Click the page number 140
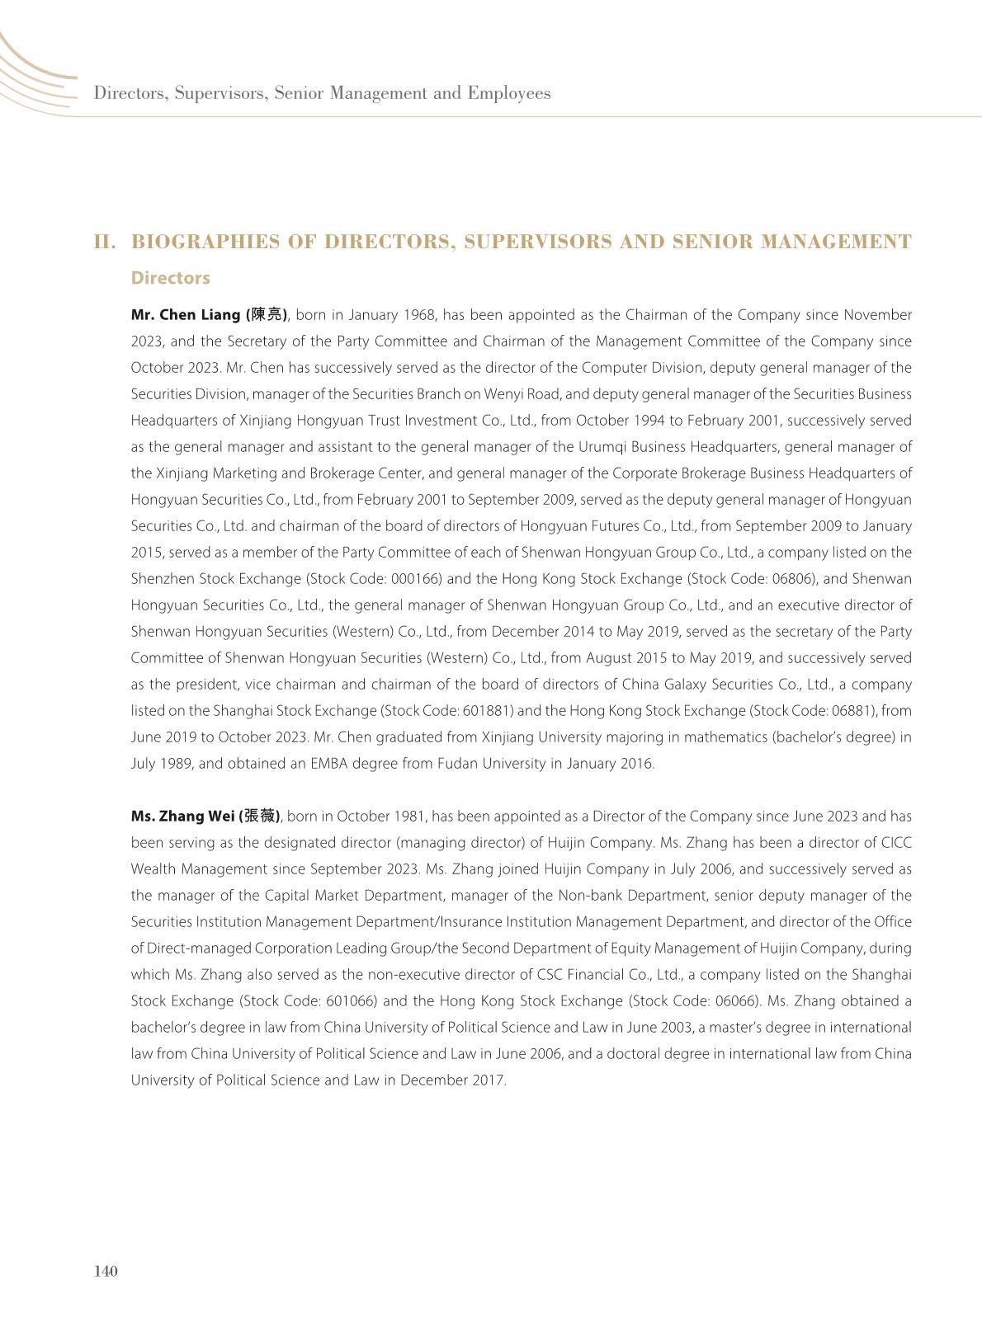pyautogui.click(x=106, y=1271)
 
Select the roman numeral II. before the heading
pyautogui.click(x=105, y=242)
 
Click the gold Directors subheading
pyautogui.click(x=170, y=278)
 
